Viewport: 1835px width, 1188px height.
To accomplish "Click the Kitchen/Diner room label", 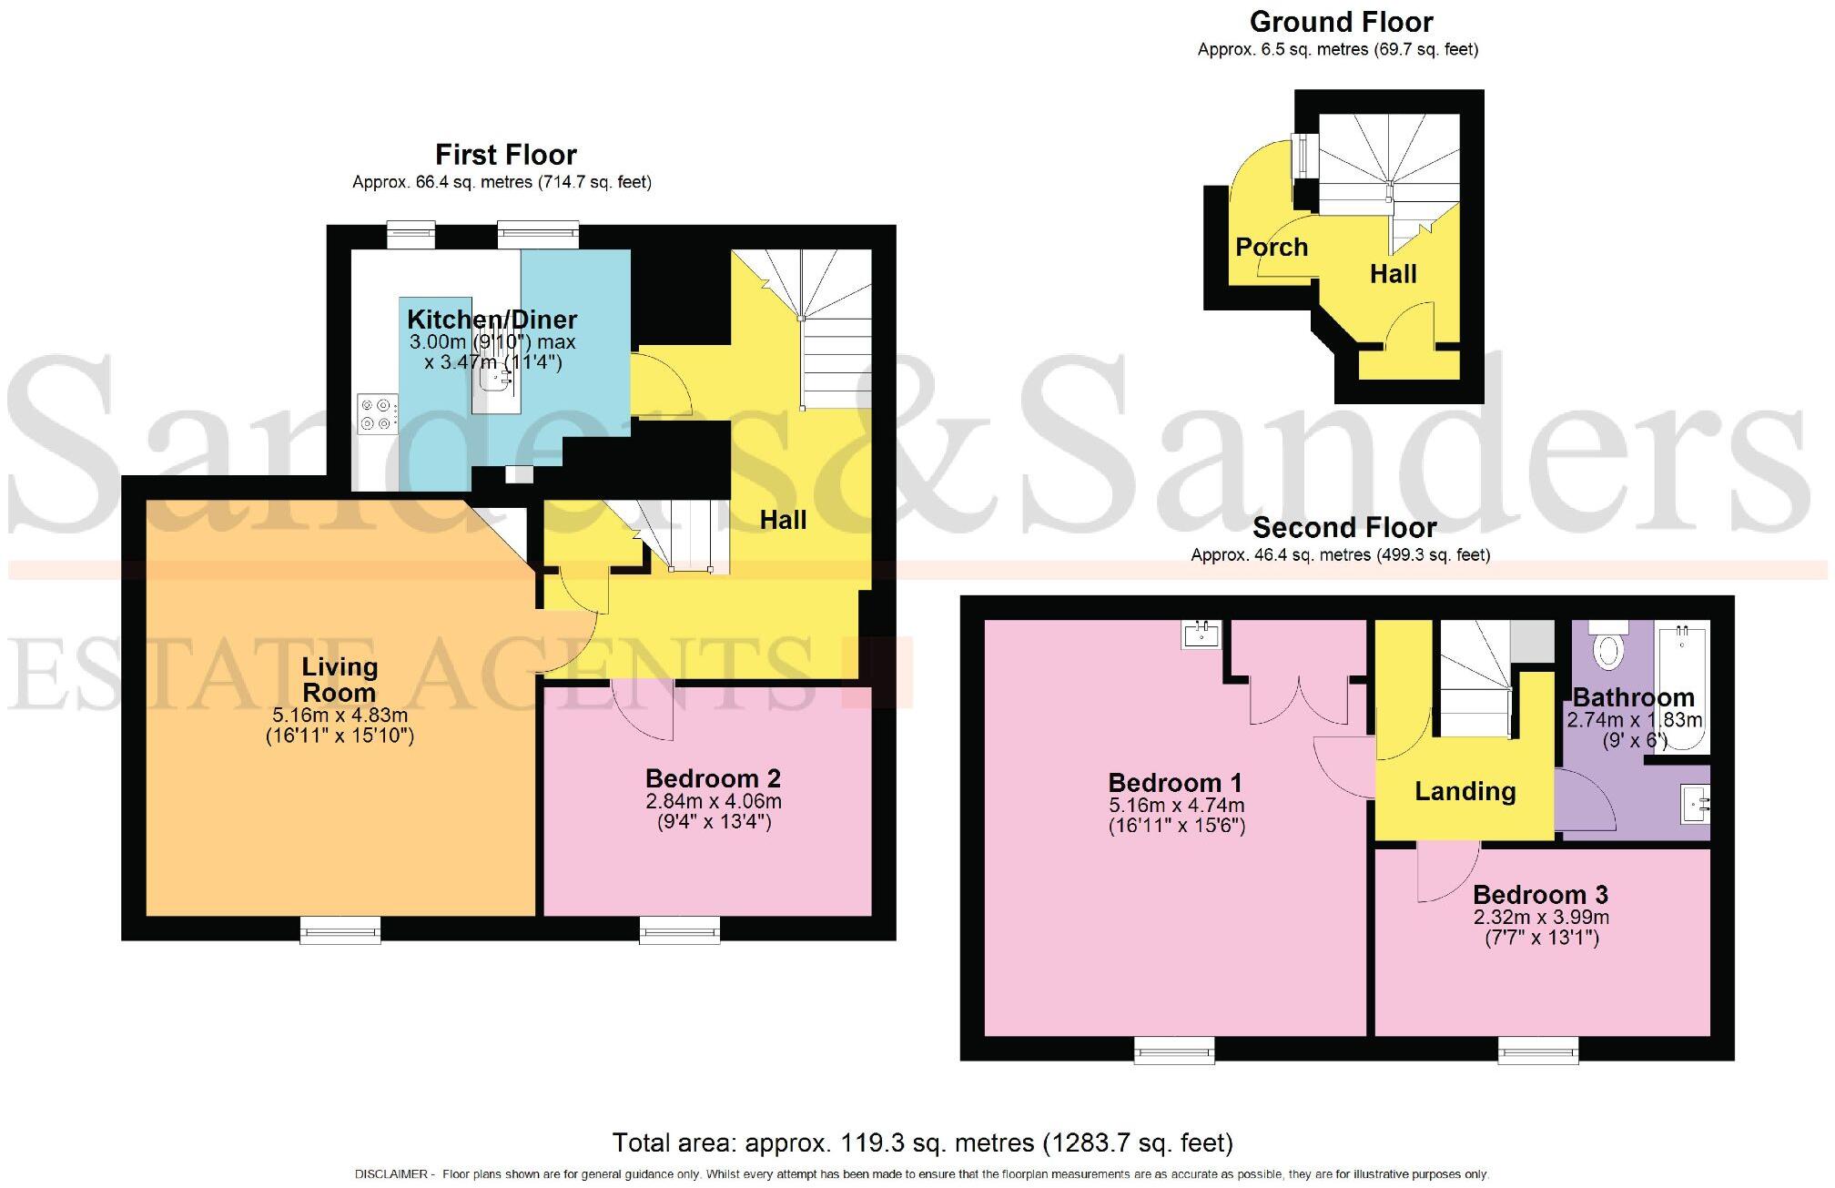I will tap(492, 320).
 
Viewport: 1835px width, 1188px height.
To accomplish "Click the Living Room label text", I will tap(340, 679).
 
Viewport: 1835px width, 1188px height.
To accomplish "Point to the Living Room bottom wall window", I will tap(340, 930).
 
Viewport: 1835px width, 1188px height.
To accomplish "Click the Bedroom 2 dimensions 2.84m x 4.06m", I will tap(714, 802).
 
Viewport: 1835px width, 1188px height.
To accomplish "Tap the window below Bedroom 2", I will tap(679, 930).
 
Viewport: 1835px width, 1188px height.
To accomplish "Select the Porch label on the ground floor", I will tap(1271, 247).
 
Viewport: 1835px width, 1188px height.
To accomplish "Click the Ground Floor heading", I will tap(1341, 22).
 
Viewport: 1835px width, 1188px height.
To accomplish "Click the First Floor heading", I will tap(505, 155).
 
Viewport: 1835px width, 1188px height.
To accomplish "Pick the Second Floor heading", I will tap(1343, 528).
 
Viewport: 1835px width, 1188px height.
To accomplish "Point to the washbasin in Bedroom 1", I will tap(1201, 634).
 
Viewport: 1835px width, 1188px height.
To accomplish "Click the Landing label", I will tap(1465, 791).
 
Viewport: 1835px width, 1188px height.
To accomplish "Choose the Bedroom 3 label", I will tap(1540, 894).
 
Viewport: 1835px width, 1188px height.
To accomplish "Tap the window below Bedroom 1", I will tap(1174, 1051).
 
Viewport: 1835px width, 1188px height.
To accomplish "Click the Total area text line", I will tap(922, 1142).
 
